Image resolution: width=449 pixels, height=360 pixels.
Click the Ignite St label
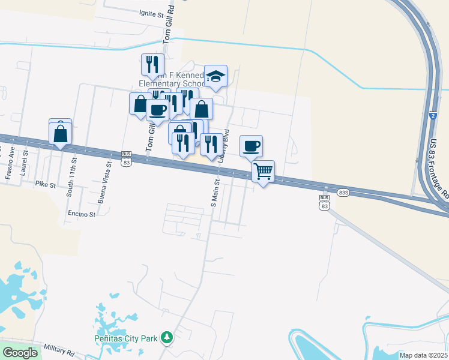pyautogui.click(x=151, y=13)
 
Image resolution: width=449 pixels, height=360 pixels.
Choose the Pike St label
pyautogui.click(x=45, y=184)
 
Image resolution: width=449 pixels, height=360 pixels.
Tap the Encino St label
pyautogui.click(x=82, y=214)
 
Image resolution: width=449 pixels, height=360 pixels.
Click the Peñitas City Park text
pyautogui.click(x=125, y=339)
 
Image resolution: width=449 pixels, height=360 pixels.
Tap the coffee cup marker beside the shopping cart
pyautogui.click(x=252, y=146)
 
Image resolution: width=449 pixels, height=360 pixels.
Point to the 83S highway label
pyautogui.click(x=343, y=193)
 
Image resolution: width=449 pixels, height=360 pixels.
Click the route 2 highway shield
pyautogui.click(x=432, y=115)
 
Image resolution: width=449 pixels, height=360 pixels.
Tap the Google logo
pyautogui.click(x=20, y=353)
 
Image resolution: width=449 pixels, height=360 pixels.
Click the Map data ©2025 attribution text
pyautogui.click(x=423, y=355)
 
